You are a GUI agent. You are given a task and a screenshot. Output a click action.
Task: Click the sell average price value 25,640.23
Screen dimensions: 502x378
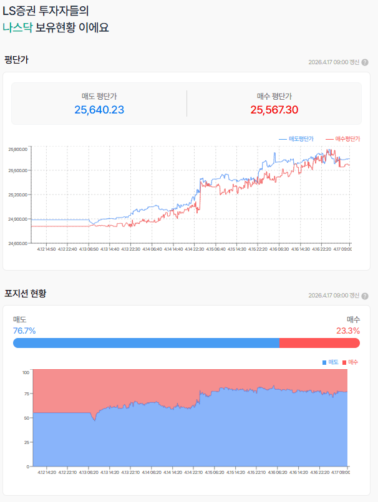(x=99, y=110)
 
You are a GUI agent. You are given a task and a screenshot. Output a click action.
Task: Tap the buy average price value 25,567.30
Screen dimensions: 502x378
(x=274, y=110)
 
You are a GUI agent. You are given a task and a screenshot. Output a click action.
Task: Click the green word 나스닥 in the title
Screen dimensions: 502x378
(x=17, y=27)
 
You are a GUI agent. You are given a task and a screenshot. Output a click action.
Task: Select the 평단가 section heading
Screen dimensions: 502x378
(x=16, y=60)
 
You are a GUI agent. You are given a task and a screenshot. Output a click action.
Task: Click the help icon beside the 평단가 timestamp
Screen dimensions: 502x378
(x=365, y=62)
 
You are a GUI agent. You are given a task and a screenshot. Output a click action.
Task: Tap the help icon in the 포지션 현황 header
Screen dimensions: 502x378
(x=365, y=296)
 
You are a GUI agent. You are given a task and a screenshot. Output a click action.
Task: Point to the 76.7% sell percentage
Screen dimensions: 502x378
(x=24, y=331)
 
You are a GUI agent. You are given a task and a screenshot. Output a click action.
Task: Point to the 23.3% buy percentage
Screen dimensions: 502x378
(x=348, y=331)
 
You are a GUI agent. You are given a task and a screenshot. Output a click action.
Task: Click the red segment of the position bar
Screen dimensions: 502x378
(x=319, y=343)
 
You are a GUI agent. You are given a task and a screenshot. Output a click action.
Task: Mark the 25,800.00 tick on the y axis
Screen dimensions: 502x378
(x=17, y=149)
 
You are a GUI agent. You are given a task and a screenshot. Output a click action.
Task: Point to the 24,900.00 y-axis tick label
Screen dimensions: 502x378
(x=17, y=219)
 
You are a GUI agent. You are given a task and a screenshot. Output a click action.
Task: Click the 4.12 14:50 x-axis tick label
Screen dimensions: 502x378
(x=46, y=249)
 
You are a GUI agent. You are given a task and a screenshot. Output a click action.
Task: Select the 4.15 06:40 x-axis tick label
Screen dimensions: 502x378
(x=216, y=249)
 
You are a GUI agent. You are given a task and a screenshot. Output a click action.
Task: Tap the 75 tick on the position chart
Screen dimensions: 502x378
(x=26, y=394)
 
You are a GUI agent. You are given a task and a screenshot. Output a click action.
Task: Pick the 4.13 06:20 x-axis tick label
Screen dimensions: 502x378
(x=89, y=473)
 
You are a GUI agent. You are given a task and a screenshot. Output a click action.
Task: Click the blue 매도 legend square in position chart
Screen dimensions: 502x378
(x=324, y=362)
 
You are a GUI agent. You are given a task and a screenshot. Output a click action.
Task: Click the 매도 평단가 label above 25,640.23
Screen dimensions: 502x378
(x=99, y=96)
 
